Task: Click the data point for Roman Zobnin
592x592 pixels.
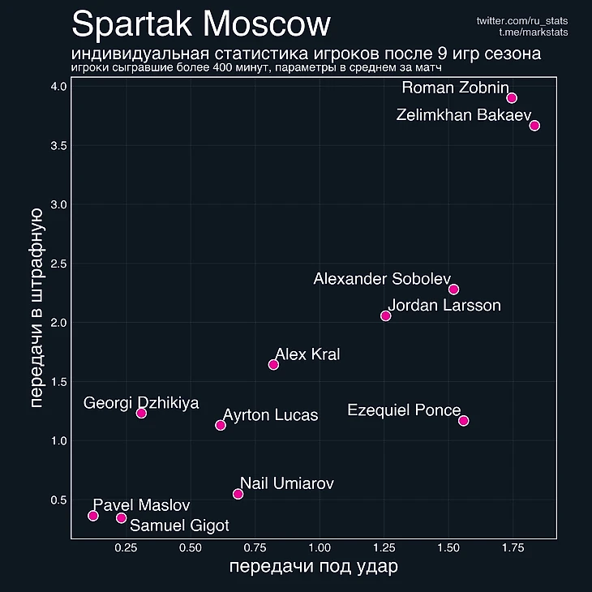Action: point(512,98)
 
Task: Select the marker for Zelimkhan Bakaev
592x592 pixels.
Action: point(534,126)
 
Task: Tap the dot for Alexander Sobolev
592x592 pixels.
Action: point(453,290)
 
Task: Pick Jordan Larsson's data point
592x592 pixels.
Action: point(386,315)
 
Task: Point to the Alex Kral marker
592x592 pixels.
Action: point(273,365)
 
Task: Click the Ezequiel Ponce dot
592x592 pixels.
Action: point(463,420)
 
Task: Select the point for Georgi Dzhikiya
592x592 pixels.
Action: point(141,413)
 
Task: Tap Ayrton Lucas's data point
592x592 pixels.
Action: point(221,425)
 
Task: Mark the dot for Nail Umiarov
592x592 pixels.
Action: point(238,494)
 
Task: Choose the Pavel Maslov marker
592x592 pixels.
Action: point(93,516)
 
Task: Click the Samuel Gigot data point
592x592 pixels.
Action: point(122,517)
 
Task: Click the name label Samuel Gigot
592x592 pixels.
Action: point(179,526)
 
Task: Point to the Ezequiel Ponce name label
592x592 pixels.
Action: point(403,410)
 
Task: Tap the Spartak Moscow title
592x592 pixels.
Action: point(201,24)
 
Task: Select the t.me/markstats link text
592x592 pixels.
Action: point(534,32)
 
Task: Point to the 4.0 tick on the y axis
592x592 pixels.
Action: point(57,87)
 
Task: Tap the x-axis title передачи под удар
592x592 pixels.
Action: point(314,567)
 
